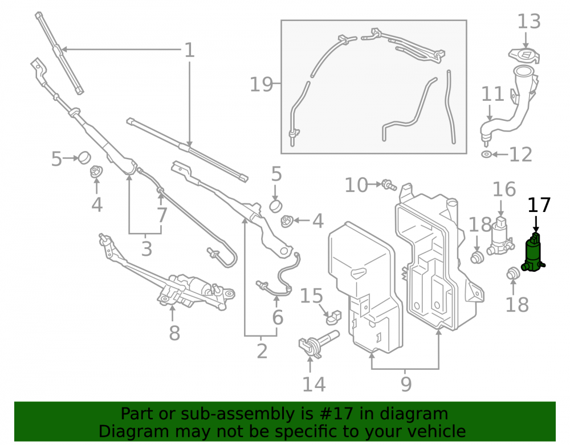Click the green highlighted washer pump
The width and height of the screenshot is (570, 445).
(x=534, y=254)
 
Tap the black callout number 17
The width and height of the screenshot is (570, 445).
(x=539, y=205)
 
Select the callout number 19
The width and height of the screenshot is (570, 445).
(x=261, y=85)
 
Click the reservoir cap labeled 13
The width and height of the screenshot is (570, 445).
(x=524, y=56)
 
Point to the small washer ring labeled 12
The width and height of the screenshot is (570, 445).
(x=486, y=154)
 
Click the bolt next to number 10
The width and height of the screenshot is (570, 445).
(x=389, y=185)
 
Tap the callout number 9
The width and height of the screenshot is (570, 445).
(x=406, y=384)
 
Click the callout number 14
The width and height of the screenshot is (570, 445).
(x=313, y=385)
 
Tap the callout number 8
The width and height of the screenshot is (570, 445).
(x=174, y=333)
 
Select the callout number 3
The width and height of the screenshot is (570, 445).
(x=146, y=249)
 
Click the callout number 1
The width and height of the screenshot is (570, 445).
(x=189, y=50)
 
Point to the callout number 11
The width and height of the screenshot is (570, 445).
(x=492, y=94)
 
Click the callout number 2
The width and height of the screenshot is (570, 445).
(x=262, y=351)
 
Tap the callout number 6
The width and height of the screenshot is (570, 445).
(x=278, y=317)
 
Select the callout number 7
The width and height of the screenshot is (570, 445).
(x=161, y=215)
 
